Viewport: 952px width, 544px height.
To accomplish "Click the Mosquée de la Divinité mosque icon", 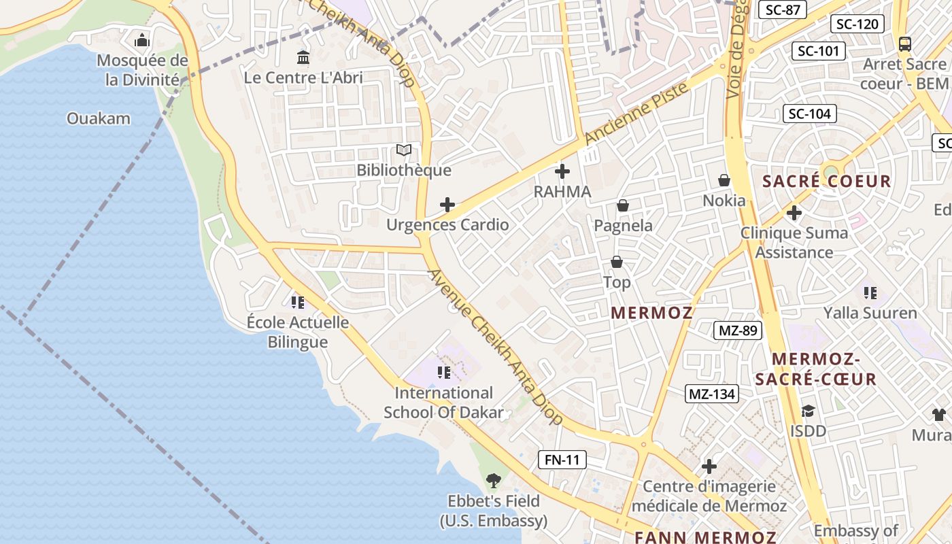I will coord(141,41).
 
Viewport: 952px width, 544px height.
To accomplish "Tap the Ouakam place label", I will coord(98,118).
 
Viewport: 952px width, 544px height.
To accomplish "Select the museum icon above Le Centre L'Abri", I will coord(303,58).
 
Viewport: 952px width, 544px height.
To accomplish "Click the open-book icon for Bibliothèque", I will coord(404,150).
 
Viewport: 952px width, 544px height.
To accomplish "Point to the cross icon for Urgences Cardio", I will coord(447,205).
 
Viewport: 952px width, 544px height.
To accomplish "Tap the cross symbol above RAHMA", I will coord(562,171).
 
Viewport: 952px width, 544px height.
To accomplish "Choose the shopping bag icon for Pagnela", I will coord(622,205).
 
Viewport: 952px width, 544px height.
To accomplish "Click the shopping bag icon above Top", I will coord(617,262).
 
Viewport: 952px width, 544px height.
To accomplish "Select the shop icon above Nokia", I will coord(724,180).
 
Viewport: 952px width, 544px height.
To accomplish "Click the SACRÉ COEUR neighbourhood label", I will coord(826,182).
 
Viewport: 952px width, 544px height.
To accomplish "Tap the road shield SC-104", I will coord(809,114).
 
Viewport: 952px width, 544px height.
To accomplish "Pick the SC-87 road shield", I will coord(782,10).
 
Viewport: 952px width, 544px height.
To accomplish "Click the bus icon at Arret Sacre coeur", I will coord(905,44).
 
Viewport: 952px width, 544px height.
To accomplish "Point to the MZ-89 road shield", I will coord(737,331).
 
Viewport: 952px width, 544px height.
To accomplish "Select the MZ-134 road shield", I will coord(712,394).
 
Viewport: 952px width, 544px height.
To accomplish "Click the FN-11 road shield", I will coord(562,460).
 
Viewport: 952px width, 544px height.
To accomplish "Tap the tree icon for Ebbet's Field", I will coord(494,481).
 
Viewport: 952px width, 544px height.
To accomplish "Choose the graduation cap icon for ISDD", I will coord(808,411).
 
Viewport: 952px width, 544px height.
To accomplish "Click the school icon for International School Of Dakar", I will coord(444,372).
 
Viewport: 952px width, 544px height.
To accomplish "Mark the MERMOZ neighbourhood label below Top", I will coord(651,313).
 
